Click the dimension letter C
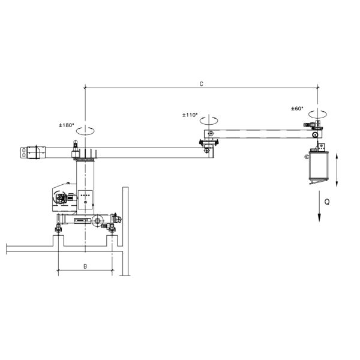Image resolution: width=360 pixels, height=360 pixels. pos(202,84)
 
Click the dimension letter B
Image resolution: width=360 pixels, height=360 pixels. pos(85,266)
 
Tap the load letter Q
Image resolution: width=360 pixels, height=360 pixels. pos(327,202)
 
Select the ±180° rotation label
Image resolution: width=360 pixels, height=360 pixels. pos(67,125)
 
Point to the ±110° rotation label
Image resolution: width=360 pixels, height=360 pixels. pos(190,115)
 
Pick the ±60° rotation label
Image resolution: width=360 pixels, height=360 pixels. pos(297,109)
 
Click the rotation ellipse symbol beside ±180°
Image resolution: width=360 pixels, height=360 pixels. pos(85,131)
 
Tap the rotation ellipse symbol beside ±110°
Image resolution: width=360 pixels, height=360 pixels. pos(209,121)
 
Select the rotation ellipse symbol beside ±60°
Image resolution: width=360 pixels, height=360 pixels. pos(318,114)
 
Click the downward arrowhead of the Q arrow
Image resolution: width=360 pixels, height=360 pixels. pos(319,218)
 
